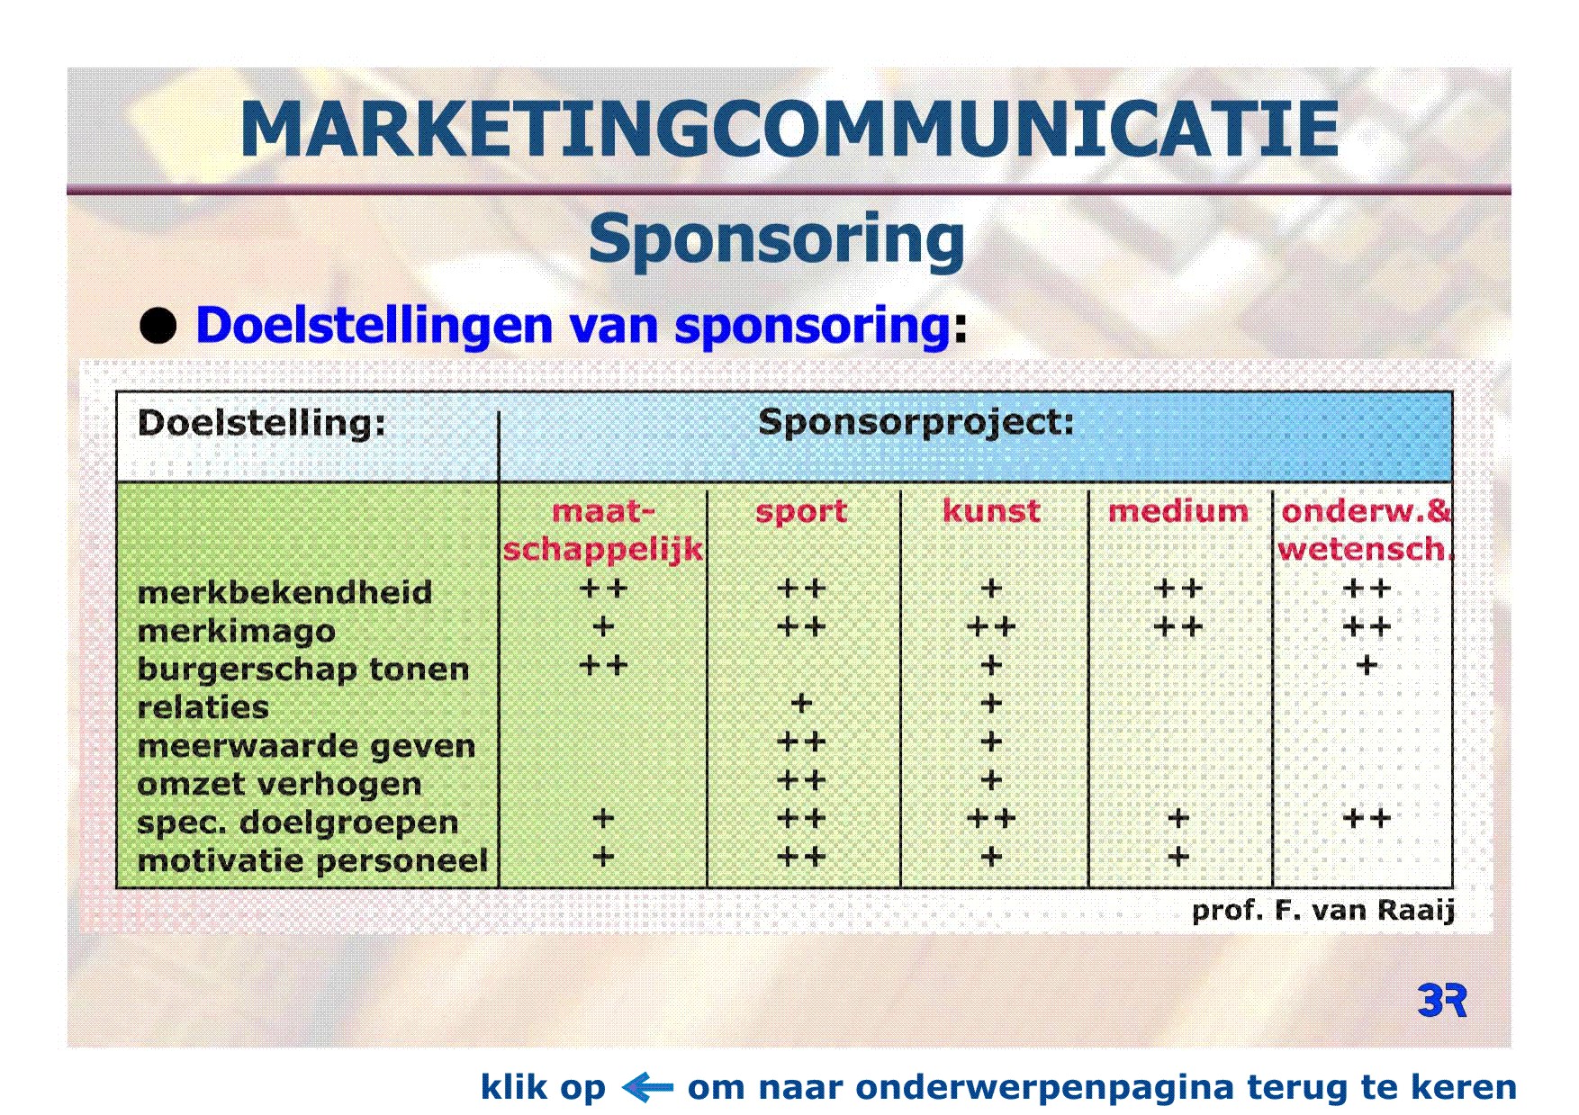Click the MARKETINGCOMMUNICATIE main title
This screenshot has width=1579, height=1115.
789,130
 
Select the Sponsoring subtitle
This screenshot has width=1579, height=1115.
776,240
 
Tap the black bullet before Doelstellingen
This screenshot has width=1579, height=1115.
158,325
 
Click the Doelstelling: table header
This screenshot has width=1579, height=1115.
261,423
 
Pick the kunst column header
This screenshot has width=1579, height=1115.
991,511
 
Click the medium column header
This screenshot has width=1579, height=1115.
1178,511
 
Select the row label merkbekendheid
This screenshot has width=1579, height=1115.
284,592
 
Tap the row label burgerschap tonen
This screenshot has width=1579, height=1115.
303,670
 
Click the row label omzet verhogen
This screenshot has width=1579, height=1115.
279,785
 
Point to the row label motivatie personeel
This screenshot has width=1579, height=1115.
312,861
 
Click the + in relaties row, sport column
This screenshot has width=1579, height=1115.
801,704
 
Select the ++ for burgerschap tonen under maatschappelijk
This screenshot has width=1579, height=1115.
603,665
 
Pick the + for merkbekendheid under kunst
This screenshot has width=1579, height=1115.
991,589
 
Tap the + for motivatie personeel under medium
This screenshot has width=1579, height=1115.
1178,857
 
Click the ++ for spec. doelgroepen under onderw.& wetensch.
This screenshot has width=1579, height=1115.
1367,818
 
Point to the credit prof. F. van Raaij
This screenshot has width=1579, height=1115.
1323,911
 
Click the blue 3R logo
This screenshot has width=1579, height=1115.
1442,1000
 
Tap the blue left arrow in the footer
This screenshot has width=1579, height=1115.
647,1087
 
